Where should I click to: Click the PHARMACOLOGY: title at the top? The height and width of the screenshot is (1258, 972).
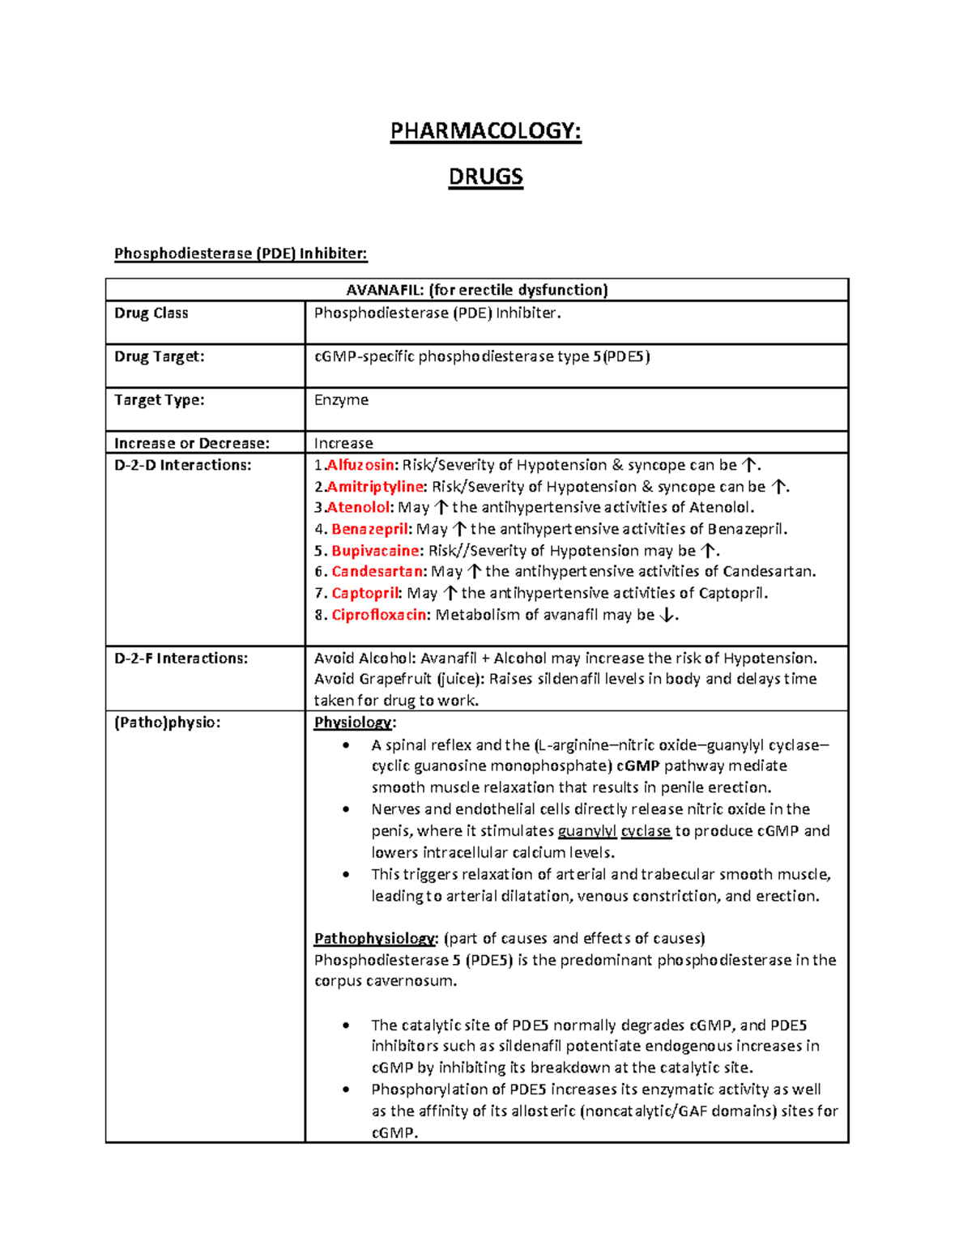click(485, 131)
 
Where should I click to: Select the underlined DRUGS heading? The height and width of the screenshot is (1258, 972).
click(486, 177)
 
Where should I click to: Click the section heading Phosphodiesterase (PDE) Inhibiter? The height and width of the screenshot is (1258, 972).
click(241, 254)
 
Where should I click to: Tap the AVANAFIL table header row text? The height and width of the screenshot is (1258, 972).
click(476, 290)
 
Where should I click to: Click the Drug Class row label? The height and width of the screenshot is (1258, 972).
click(151, 313)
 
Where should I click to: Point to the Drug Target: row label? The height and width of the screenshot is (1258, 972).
click(159, 356)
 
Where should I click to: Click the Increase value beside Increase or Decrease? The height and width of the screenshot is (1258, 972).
click(343, 443)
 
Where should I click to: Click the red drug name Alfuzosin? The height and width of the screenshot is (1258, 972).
click(360, 465)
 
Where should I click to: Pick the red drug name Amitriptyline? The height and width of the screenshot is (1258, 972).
click(375, 487)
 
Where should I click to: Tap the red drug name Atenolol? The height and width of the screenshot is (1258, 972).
click(358, 508)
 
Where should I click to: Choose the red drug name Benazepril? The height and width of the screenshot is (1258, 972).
click(370, 529)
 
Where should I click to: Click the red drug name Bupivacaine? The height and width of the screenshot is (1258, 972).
click(376, 551)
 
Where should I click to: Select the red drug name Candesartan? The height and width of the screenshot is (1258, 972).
click(377, 572)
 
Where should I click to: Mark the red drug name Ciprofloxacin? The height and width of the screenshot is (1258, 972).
click(379, 615)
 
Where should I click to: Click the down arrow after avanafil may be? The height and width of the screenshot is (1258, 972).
click(666, 615)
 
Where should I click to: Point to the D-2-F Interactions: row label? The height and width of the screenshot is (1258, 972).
click(181, 659)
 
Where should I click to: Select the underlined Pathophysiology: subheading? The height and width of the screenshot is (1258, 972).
click(376, 939)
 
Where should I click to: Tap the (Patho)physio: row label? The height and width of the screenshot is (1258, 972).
click(167, 723)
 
